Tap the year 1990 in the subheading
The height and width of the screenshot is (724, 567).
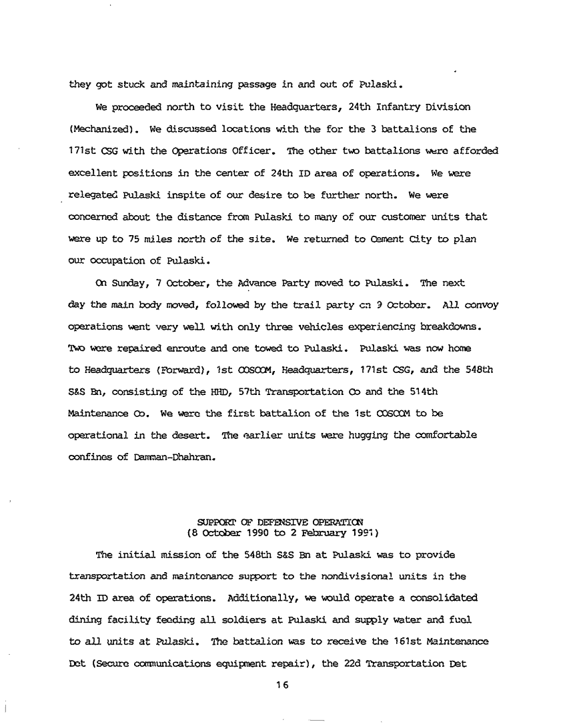click(x=244, y=533)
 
